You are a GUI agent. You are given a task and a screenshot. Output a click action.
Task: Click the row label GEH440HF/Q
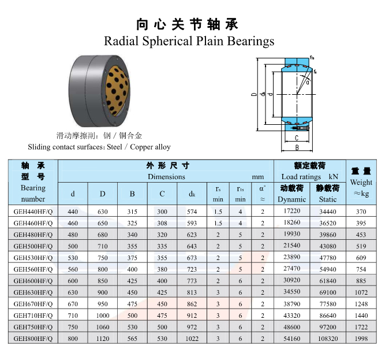[x=33, y=211]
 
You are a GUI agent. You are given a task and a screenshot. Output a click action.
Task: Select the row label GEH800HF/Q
[x=33, y=339]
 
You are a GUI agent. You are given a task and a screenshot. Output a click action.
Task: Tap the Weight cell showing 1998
[x=361, y=339]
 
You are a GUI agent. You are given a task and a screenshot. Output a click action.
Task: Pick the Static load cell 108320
[x=328, y=339]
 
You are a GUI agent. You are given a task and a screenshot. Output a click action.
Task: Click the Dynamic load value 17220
[x=292, y=211]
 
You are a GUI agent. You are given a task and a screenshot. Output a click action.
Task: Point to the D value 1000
[x=103, y=316]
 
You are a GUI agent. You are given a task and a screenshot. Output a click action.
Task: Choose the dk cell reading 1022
[x=192, y=339]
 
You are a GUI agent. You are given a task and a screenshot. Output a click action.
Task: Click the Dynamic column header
[x=292, y=199]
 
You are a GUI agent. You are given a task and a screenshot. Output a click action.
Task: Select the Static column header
[x=328, y=199]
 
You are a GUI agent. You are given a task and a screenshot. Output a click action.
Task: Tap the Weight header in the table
[x=361, y=182]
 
